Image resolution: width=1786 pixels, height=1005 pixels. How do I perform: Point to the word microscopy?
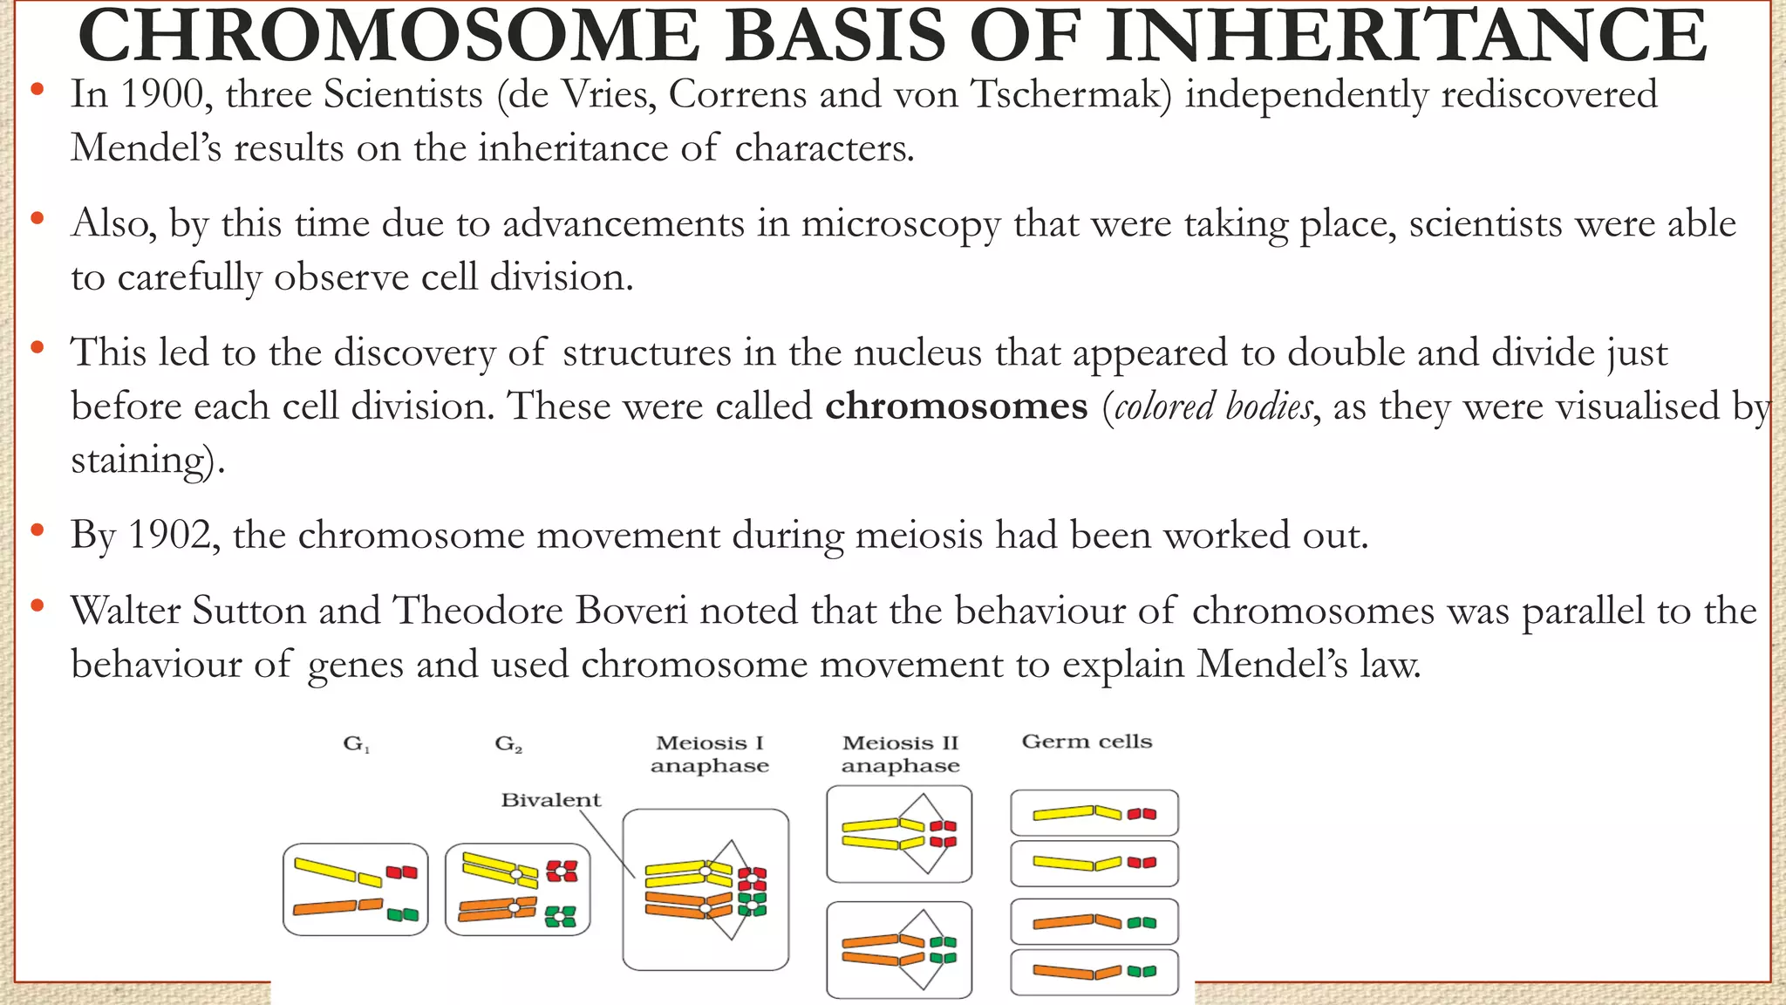point(901,224)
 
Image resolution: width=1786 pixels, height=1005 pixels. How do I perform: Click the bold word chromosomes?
point(956,407)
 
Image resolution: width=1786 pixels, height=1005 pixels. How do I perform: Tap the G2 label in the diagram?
point(508,745)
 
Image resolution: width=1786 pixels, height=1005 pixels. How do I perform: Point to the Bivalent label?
point(550,800)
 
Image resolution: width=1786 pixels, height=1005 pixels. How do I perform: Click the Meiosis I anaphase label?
point(709,755)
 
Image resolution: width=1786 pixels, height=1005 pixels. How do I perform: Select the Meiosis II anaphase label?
point(900,755)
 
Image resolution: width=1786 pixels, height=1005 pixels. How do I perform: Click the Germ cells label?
point(1087,742)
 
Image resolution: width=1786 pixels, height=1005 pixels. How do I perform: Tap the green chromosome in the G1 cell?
point(403,914)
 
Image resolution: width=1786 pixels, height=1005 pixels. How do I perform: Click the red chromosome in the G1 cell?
point(402,872)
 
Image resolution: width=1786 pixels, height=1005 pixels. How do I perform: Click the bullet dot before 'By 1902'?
point(37,530)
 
